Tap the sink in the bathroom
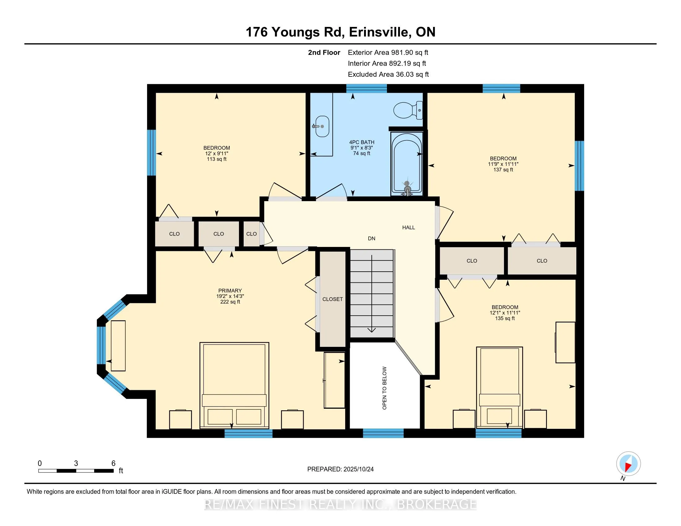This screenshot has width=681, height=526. pyautogui.click(x=322, y=126)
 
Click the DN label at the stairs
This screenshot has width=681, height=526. pyautogui.click(x=371, y=238)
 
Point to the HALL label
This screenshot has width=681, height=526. pyautogui.click(x=409, y=227)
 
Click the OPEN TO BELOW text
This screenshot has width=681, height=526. pyautogui.click(x=384, y=388)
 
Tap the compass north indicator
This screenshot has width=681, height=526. pyautogui.click(x=628, y=464)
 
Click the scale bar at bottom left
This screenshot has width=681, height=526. pyautogui.click(x=76, y=471)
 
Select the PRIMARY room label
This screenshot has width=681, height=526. pyautogui.click(x=230, y=291)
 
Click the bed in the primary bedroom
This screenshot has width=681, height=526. pyautogui.click(x=234, y=385)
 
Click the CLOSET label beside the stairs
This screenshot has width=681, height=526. pyautogui.click(x=332, y=299)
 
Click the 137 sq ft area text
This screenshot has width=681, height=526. pyautogui.click(x=503, y=170)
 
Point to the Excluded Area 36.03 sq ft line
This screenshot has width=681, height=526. pyautogui.click(x=388, y=75)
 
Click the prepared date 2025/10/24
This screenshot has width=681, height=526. pyautogui.click(x=340, y=469)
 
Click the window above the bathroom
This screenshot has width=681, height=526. pyautogui.click(x=367, y=88)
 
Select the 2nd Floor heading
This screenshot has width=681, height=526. pyautogui.click(x=324, y=53)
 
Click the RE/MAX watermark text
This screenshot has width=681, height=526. pyautogui.click(x=340, y=505)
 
